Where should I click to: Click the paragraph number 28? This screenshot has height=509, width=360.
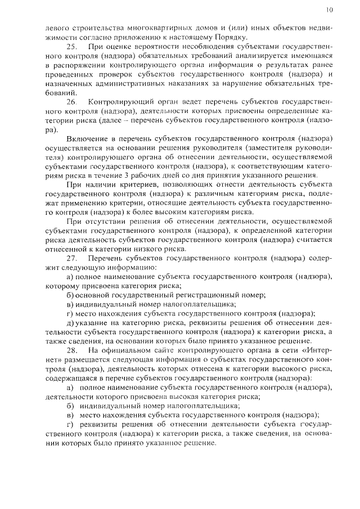(72, 349)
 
